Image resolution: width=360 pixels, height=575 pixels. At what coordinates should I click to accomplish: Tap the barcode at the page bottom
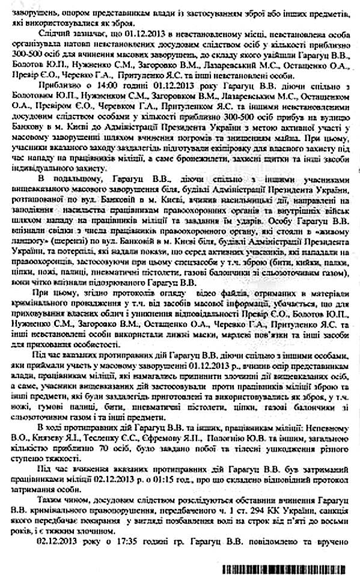tap(289, 567)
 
